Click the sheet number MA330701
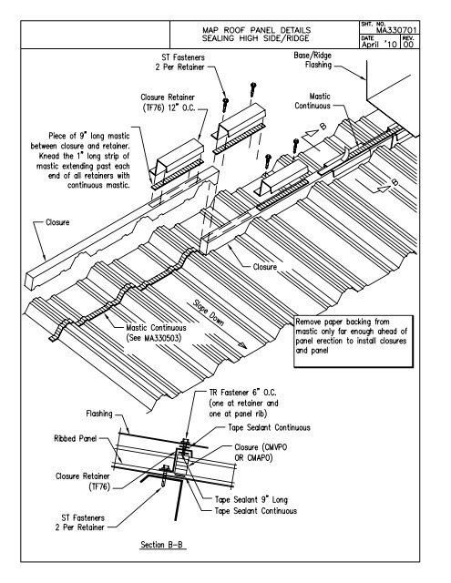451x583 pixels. pos(396,30)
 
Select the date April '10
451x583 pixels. pos(379,45)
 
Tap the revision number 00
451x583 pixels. pos(409,45)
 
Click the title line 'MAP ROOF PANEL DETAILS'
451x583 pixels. pos(256,30)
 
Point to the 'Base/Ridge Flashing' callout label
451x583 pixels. pos(313,60)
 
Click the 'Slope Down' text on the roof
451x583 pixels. pos(209,312)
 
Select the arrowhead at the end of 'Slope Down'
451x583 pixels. pos(242,345)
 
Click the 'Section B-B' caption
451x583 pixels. pos(162,545)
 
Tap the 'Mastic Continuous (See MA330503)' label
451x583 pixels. pos(156,332)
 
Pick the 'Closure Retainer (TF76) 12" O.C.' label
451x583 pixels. pos(168,103)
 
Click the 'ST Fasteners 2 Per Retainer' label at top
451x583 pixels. pos(180,62)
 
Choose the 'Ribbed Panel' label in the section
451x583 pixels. pos(76,438)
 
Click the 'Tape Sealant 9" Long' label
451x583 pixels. pos(251,499)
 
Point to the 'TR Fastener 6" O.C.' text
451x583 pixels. pos(243,393)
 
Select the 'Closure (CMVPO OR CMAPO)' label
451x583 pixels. pos(261,452)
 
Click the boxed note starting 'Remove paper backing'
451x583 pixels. pos(354,342)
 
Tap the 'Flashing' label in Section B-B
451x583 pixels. pos(99,414)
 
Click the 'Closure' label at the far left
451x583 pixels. pos(57,222)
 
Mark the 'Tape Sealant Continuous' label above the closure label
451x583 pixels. pos(269,427)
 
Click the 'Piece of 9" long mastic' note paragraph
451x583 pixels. pos(80,160)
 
